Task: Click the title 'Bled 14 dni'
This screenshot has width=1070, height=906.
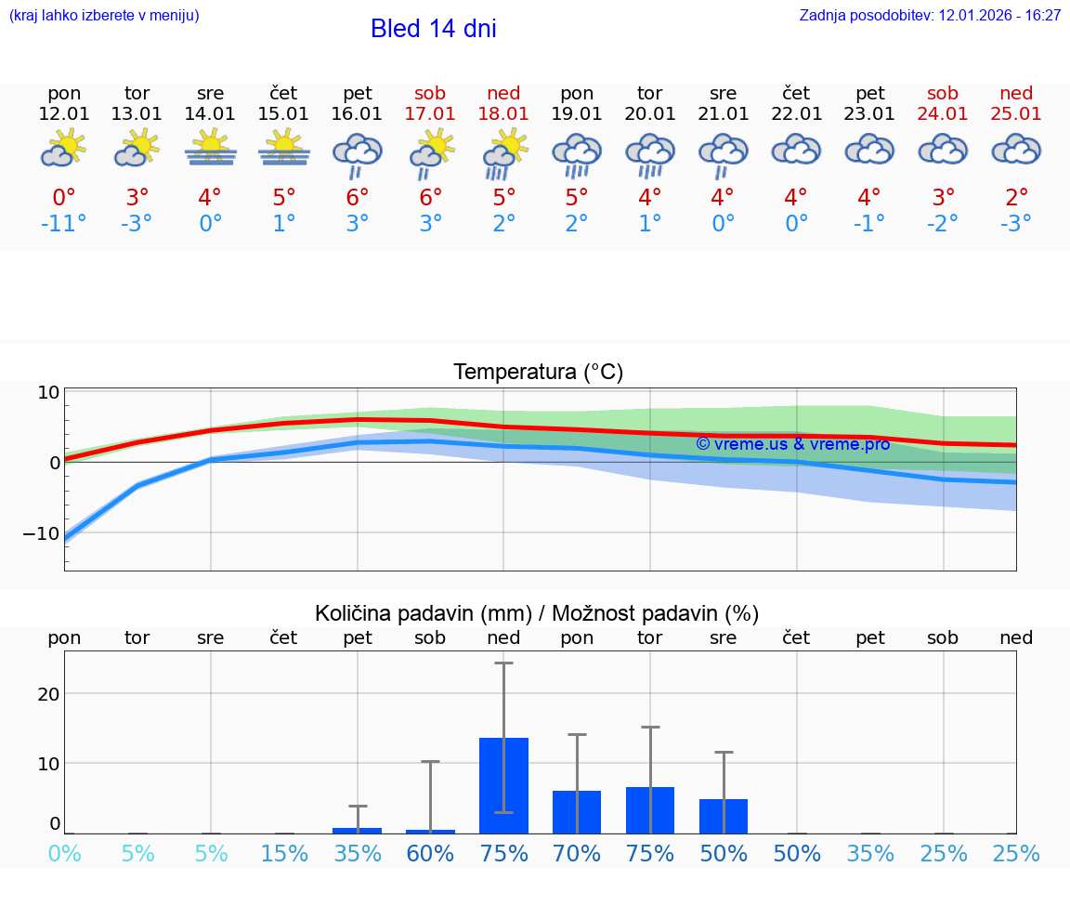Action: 433,29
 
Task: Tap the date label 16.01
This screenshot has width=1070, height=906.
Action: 358,113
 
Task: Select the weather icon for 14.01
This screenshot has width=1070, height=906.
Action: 211,149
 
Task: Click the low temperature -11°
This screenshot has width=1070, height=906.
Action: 64,224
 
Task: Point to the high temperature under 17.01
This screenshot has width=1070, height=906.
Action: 431,198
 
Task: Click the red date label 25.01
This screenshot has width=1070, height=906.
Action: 1016,113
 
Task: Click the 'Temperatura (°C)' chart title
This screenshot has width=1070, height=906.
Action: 538,372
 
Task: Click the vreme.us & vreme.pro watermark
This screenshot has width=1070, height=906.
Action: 792,444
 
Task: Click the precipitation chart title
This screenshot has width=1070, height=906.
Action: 537,613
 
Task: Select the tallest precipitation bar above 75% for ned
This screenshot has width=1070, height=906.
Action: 503,785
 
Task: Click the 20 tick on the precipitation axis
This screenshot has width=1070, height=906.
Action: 48,694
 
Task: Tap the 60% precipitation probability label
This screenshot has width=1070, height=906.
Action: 431,853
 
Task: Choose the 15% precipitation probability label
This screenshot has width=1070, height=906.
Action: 284,853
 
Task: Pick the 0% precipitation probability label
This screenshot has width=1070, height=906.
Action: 64,853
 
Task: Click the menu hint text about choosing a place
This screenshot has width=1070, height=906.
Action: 104,16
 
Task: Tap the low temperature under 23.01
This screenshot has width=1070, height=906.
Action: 870,224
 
